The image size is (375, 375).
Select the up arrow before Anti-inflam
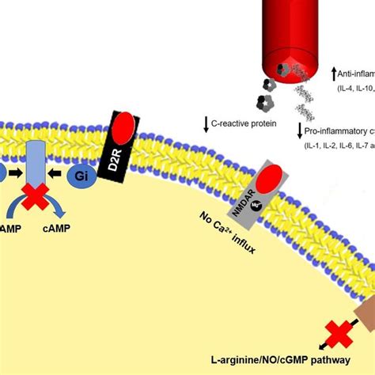tap(334, 75)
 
